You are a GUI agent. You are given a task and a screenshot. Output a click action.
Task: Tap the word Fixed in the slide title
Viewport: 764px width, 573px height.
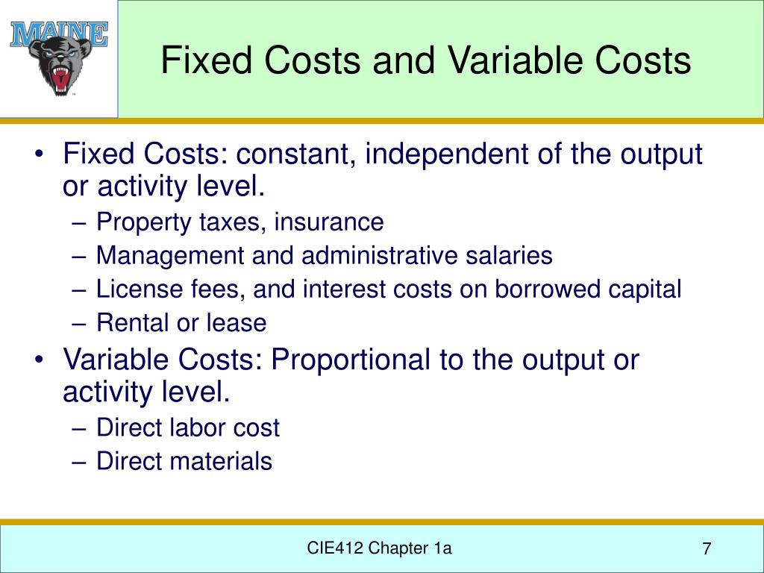[197, 60]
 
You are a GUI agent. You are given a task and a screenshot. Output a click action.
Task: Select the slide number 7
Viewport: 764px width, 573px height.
[706, 550]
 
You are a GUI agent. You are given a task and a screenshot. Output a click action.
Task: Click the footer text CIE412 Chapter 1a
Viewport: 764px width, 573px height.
[380, 549]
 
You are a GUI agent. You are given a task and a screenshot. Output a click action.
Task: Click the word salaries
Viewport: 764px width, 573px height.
[511, 256]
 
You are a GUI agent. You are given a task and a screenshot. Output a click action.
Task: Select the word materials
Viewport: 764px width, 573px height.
[222, 461]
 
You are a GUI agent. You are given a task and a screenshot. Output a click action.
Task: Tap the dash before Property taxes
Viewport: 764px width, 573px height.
[81, 222]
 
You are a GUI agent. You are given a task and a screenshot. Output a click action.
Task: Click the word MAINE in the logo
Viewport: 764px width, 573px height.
[59, 34]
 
